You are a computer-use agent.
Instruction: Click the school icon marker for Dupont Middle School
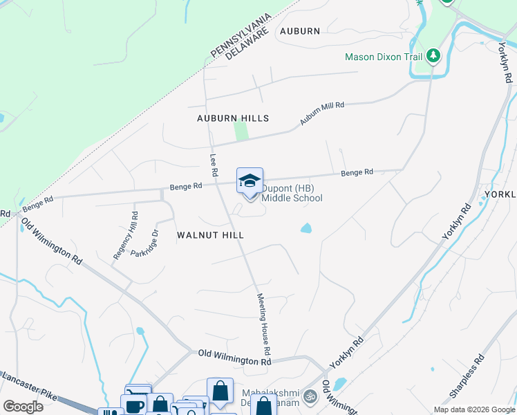coord(250,181)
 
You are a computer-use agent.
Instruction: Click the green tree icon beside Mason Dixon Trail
coord(433,55)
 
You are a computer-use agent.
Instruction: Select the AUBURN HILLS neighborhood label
coord(232,119)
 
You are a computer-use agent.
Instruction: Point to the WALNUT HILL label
coord(211,235)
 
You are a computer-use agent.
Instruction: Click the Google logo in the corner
coord(23,406)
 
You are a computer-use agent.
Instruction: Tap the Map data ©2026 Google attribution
coord(473,409)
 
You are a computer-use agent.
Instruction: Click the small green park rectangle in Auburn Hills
coord(241,130)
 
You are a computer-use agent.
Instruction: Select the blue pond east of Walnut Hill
coord(306,228)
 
